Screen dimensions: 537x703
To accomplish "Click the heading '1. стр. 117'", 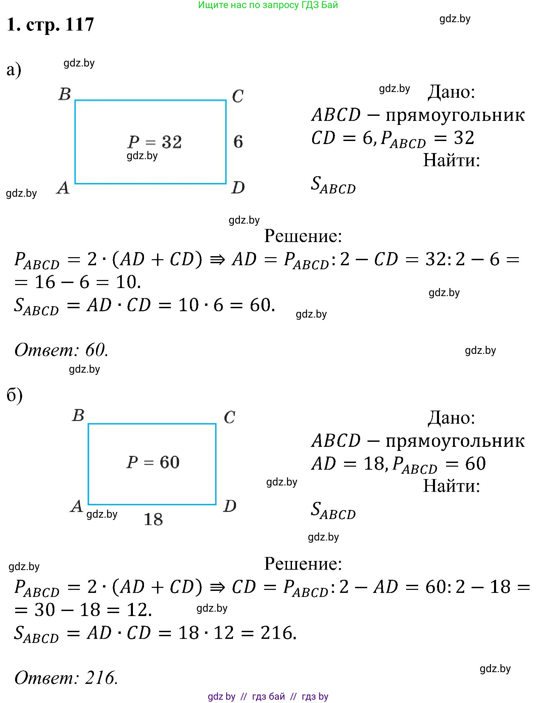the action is coord(50,25).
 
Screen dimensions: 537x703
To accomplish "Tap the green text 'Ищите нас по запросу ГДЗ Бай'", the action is coord(268,5).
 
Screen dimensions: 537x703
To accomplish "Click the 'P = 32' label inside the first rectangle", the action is coord(155,142).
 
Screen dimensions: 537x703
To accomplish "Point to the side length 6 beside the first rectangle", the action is coord(238,141).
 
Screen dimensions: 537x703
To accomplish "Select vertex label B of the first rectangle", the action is coord(65,94).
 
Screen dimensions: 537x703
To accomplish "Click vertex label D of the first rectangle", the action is coord(238,187).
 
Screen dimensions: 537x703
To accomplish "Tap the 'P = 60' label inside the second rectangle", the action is coord(153,462).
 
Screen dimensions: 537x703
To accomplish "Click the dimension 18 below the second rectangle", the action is coord(153,519).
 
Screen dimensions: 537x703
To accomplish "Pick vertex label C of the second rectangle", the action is coord(230,417).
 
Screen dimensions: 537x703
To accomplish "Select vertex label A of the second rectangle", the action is coord(77,506).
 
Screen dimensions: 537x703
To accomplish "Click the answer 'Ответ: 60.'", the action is coord(61,350).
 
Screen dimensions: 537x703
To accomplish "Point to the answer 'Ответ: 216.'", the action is coord(66,677).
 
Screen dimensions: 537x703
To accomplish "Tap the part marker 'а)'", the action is coord(14,70).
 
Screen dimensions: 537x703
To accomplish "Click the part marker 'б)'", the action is coord(14,395).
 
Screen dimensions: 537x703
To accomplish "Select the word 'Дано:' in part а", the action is coord(451,92).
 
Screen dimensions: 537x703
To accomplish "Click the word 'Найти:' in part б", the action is coord(451,485).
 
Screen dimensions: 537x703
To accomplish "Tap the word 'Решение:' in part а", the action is coord(303,236).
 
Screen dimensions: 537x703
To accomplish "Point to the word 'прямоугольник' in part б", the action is coord(455,441).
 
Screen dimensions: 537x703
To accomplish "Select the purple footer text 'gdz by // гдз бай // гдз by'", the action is coord(268,696).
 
